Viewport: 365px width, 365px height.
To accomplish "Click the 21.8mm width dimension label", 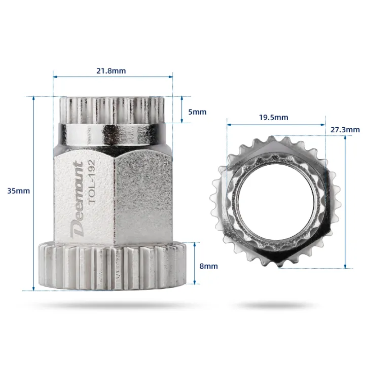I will (x=111, y=70).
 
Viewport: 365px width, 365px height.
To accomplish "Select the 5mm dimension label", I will (x=197, y=112).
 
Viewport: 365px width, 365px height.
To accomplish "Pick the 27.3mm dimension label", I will (x=346, y=129).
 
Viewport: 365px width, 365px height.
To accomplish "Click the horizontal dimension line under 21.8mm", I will (x=112, y=77).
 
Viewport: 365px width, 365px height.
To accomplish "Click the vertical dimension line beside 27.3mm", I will (x=345, y=203).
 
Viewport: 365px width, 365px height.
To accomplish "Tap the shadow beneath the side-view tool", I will (x=112, y=305).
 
